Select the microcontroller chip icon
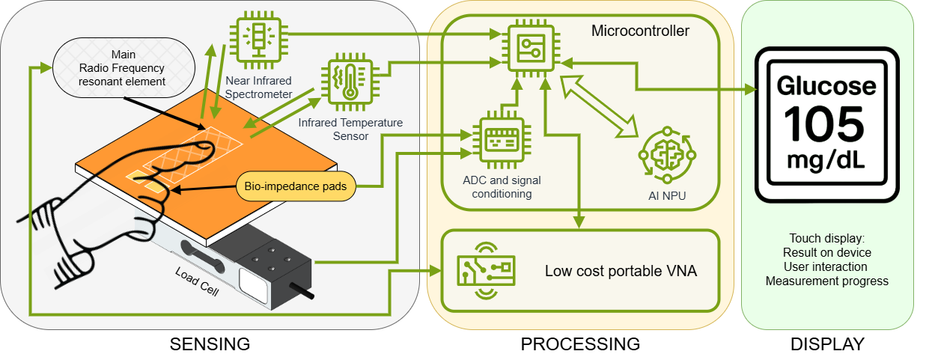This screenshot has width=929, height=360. pyautogui.click(x=531, y=47)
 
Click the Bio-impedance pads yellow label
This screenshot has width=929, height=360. pyautogui.click(x=296, y=186)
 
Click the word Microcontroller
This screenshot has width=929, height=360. pyautogui.click(x=640, y=31)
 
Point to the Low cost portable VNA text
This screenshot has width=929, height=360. pyautogui.click(x=621, y=271)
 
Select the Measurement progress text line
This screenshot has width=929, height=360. pyautogui.click(x=826, y=281)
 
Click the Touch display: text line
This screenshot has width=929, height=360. pyautogui.click(x=826, y=238)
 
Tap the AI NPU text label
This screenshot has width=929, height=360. pyautogui.click(x=666, y=197)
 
